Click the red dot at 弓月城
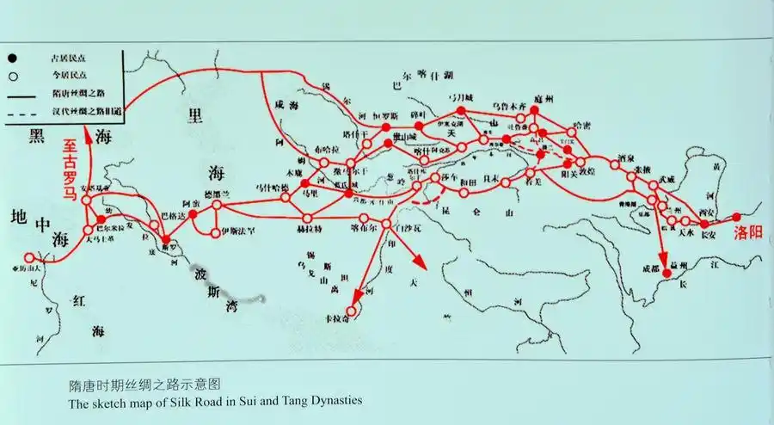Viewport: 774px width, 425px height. [x=461, y=111]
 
